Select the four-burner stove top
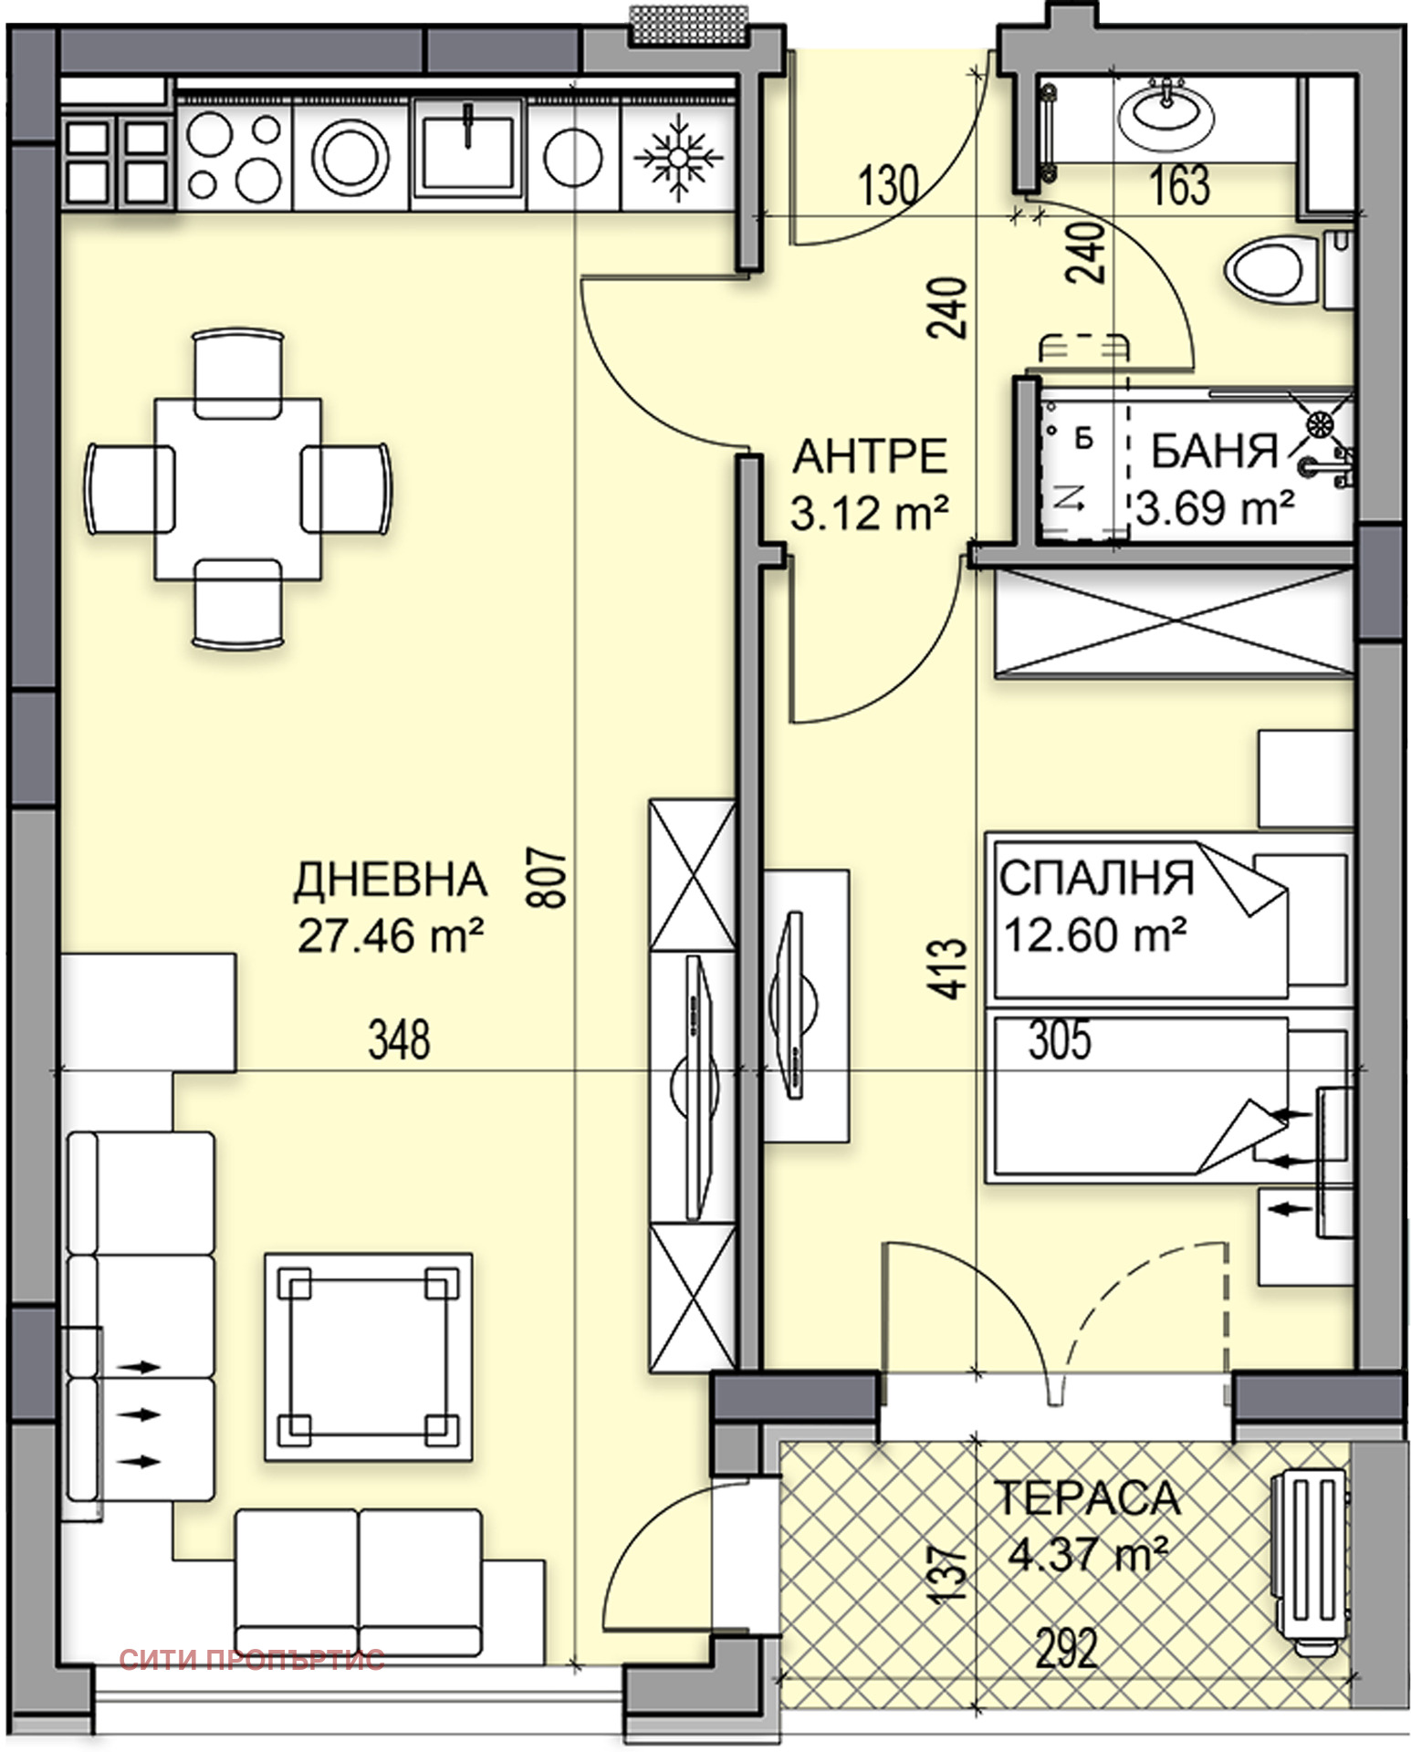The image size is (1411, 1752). (235, 156)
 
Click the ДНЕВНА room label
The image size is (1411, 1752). (390, 880)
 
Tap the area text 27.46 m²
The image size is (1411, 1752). (390, 935)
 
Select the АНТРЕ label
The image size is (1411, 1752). (870, 456)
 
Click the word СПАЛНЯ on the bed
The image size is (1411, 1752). (1096, 878)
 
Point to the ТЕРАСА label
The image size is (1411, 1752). (1086, 1498)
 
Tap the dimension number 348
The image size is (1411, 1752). (399, 1040)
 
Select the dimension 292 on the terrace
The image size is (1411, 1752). (1065, 1649)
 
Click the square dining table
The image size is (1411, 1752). (238, 489)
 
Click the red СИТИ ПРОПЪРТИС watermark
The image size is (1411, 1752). (252, 1659)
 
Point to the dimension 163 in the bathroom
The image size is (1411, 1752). (1180, 185)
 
